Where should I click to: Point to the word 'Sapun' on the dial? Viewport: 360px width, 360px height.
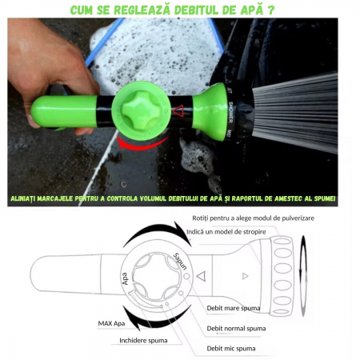coord(179,260)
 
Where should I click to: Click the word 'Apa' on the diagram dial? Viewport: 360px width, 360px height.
coord(126,278)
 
